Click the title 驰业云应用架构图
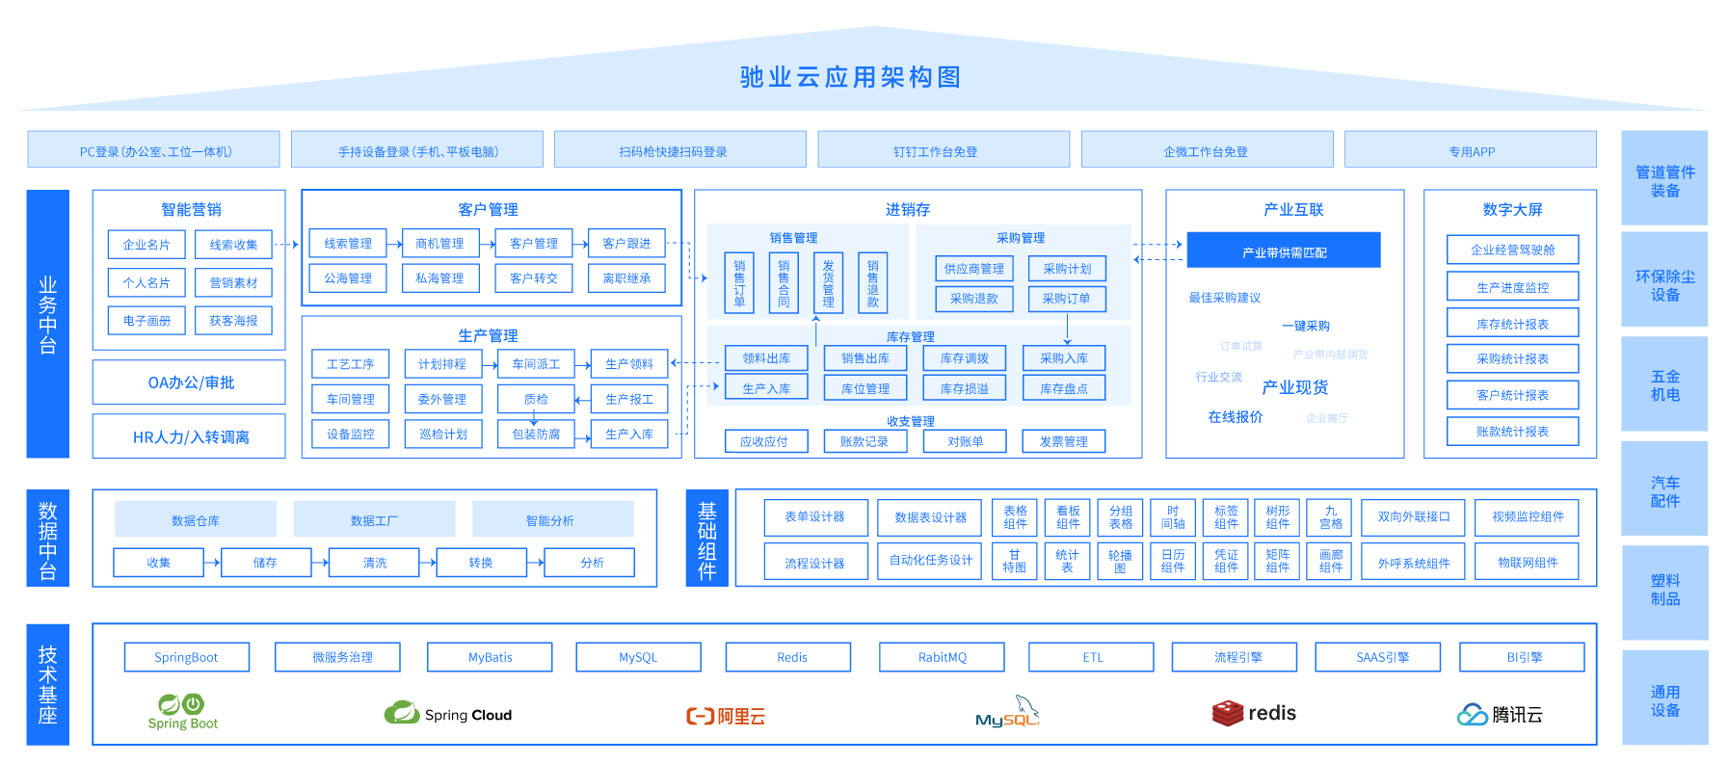tap(850, 77)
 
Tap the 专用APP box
tap(1471, 150)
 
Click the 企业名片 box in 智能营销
tap(146, 245)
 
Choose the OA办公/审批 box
tap(190, 382)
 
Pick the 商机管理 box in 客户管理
tap(439, 244)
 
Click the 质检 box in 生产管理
tap(536, 399)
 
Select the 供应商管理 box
tap(973, 269)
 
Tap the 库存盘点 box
tap(1064, 388)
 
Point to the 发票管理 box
tap(1064, 441)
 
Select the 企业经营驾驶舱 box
tap(1512, 250)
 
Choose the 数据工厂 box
tap(374, 519)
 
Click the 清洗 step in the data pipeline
tap(374, 563)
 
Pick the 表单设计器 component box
tap(815, 517)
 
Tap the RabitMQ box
tap(942, 657)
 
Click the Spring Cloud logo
tap(448, 714)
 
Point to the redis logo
tap(1254, 713)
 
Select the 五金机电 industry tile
tap(1664, 385)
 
